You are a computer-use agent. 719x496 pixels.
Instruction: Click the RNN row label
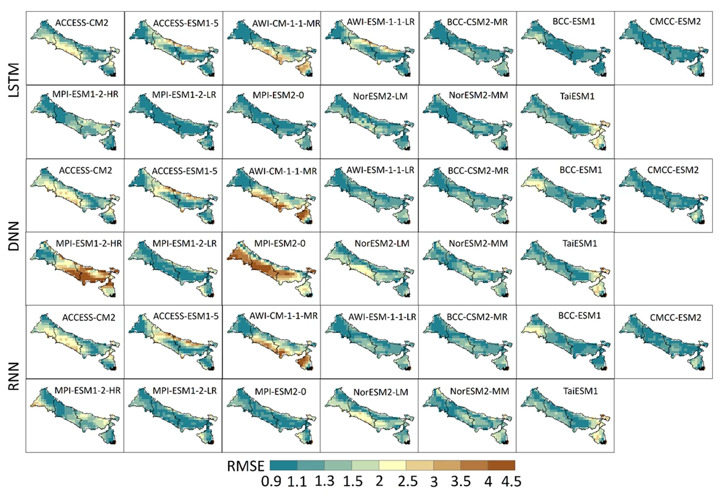[12, 382]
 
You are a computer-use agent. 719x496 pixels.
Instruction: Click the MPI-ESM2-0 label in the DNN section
[276, 243]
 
